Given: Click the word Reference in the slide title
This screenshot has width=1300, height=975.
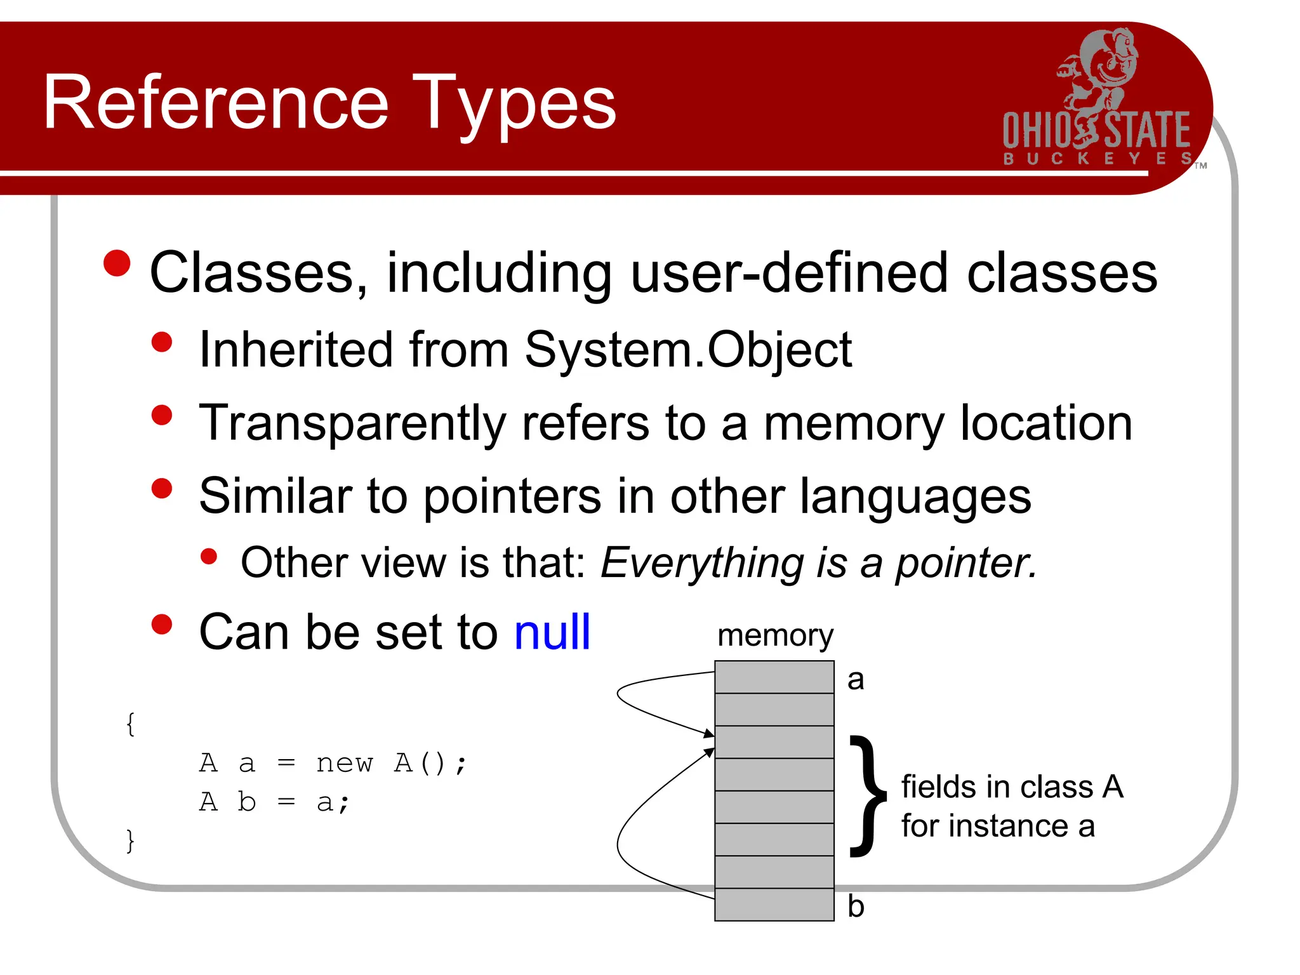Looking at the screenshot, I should [216, 103].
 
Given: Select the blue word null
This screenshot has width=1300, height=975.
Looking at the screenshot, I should [552, 633].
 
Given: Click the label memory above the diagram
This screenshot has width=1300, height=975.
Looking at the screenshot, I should [774, 635].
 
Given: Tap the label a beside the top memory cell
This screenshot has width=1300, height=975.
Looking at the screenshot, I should [856, 679].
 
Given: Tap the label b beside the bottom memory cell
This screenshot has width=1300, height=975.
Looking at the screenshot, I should [856, 906].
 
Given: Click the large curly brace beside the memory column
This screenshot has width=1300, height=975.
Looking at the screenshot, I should [867, 797].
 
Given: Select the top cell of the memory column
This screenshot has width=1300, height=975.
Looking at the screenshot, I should [774, 677].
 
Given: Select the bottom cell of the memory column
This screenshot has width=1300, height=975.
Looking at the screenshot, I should [774, 905].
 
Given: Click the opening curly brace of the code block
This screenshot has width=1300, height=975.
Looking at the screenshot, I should [130, 724].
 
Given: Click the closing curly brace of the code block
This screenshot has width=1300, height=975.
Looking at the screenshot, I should [130, 841].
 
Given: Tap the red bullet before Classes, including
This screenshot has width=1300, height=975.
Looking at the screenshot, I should [117, 263].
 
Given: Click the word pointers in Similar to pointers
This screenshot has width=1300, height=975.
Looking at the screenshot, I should [512, 496].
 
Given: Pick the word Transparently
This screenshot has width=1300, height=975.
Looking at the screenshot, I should [352, 423].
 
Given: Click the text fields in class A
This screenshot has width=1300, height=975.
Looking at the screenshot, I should [1012, 787].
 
